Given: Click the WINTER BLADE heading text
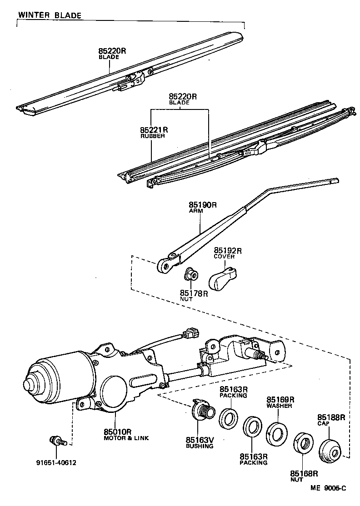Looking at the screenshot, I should (x=50, y=15).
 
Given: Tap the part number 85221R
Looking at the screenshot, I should (x=154, y=130).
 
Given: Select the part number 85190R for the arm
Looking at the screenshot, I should (x=203, y=205).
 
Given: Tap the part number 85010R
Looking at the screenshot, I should (x=118, y=432).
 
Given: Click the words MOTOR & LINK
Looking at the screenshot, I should (x=126, y=438).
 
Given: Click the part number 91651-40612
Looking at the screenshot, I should (x=56, y=463).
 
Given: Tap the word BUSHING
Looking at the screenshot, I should (x=199, y=446).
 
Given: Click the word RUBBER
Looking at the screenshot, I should (x=152, y=136).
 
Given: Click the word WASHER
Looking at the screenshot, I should (x=279, y=406).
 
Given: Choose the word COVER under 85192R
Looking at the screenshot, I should (x=224, y=257).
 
